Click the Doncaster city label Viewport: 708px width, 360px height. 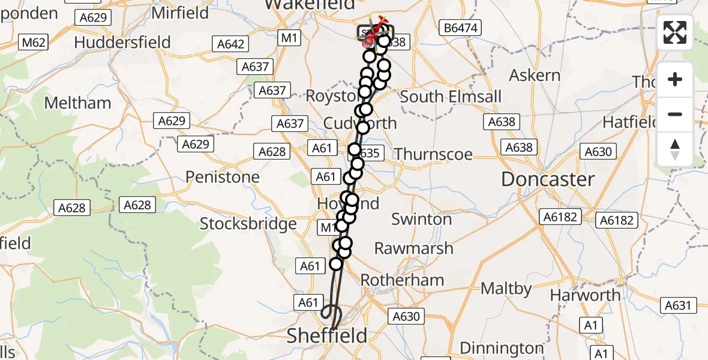click(x=548, y=179)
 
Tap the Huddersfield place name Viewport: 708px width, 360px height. click(x=122, y=43)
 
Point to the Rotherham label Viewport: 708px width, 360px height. click(x=403, y=280)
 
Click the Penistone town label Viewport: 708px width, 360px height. click(x=223, y=177)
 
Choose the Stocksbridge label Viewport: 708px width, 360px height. click(x=248, y=224)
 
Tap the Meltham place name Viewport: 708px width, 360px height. click(x=78, y=103)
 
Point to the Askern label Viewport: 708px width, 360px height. click(x=535, y=76)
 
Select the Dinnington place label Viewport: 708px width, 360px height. click(x=502, y=348)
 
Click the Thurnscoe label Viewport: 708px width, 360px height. click(x=434, y=154)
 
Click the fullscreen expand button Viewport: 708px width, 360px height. click(x=675, y=32)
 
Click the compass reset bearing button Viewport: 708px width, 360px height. click(x=675, y=149)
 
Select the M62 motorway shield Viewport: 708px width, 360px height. click(x=34, y=43)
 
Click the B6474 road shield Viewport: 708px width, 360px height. click(x=460, y=28)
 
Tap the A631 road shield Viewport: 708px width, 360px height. click(x=679, y=306)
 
